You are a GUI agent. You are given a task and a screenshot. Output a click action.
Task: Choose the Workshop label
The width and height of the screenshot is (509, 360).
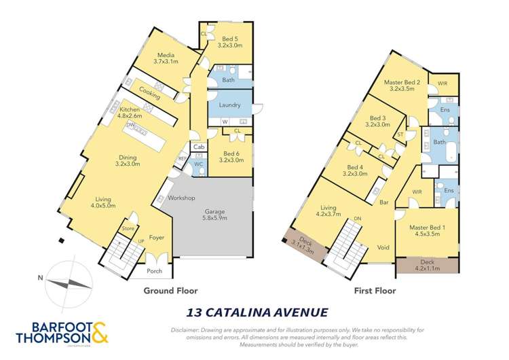click(x=182, y=198)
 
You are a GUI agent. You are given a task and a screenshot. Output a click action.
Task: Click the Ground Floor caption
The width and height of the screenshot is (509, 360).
click(x=170, y=290)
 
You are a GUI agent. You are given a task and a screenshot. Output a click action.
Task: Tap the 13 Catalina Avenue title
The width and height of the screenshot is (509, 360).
click(x=257, y=313)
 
